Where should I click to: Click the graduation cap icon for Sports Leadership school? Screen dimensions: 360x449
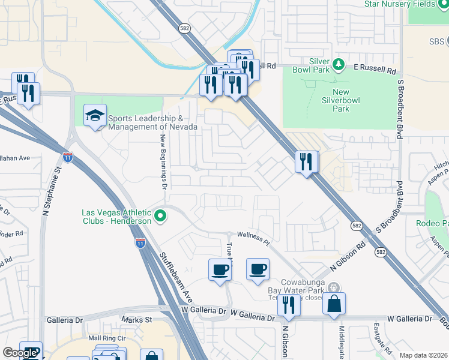point(95,116)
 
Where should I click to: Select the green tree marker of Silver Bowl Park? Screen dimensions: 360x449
point(338,63)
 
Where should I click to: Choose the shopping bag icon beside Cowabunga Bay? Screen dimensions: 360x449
point(334,303)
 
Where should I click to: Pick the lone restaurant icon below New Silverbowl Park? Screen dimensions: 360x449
point(306,161)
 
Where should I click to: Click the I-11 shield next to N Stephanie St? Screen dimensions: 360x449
point(68,158)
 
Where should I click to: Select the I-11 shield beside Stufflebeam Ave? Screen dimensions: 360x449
point(140,243)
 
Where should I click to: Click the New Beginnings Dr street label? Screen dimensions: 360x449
point(163,161)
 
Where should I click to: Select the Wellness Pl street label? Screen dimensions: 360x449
point(255,237)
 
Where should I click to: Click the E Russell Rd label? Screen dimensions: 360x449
point(374,70)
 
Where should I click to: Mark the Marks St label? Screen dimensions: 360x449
point(136,320)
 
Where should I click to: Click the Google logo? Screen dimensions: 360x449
point(19,353)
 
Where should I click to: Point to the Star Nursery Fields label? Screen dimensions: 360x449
point(406,4)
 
